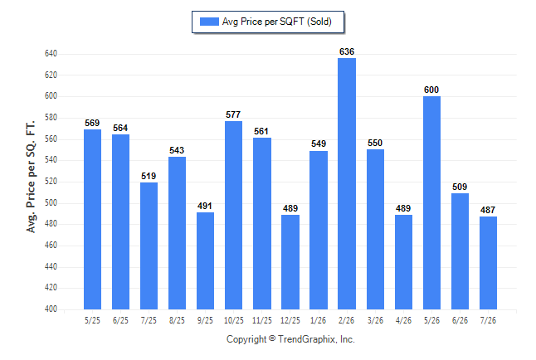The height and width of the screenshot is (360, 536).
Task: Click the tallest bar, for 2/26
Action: click(x=347, y=183)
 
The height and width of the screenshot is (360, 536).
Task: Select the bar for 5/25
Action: click(x=92, y=219)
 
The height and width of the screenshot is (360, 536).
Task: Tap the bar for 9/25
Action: click(x=205, y=260)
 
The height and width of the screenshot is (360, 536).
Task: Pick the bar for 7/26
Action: click(x=488, y=263)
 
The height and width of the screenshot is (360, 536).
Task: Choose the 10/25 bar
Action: click(x=233, y=215)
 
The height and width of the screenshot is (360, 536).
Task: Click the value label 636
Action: click(x=347, y=51)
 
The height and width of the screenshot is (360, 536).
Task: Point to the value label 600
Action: click(x=431, y=90)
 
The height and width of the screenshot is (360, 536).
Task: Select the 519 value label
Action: click(x=149, y=176)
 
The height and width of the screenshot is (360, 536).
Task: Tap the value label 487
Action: click(x=488, y=210)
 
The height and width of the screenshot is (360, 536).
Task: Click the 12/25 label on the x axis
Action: click(x=290, y=321)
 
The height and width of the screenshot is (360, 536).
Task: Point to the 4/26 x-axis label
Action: click(x=403, y=321)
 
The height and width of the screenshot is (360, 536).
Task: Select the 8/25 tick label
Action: click(x=177, y=321)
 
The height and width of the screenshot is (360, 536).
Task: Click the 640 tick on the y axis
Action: click(x=51, y=54)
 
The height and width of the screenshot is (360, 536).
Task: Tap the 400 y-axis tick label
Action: click(x=51, y=309)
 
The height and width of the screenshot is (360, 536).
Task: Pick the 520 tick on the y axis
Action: click(x=51, y=182)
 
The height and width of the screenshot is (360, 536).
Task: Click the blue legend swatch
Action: click(x=209, y=22)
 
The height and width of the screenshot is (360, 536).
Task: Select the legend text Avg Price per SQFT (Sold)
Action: click(x=277, y=22)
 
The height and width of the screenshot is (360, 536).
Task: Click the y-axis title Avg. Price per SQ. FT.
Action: click(x=31, y=177)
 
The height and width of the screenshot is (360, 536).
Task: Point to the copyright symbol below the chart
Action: click(x=272, y=338)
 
